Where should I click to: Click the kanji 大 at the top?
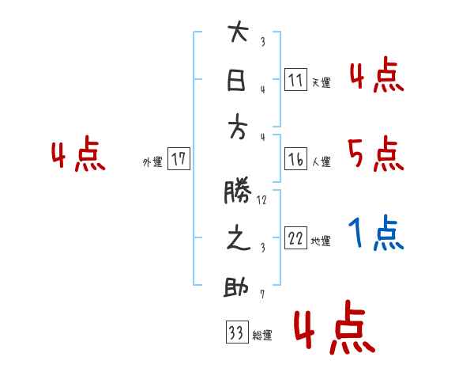pos(238,34)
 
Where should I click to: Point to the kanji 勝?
pos(238,191)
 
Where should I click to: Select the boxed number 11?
pos(295,80)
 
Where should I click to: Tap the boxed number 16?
pos(295,159)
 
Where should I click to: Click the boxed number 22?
pos(295,238)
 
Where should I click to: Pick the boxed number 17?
pos(179,159)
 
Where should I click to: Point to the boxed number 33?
pos(236,332)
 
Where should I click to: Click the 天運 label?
pos(321,82)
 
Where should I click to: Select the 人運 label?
pos(321,161)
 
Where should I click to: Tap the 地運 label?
pos(321,241)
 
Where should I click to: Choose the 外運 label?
pos(152,161)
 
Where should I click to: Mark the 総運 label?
pos(262,336)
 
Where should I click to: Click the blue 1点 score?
pos(376,233)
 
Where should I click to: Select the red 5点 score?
pos(376,154)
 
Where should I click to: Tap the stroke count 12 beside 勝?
pos(261,200)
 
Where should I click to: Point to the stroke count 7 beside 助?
pos(261,294)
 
